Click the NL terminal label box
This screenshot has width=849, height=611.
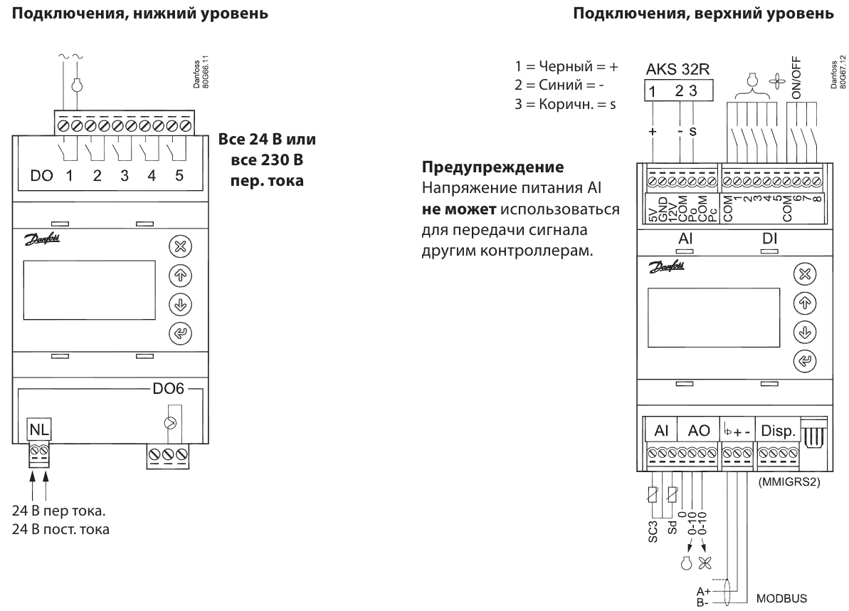tap(39, 429)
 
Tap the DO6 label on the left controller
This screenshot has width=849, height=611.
tap(169, 388)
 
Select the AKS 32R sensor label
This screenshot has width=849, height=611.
tap(677, 69)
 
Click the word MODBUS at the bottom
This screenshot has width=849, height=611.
tap(781, 599)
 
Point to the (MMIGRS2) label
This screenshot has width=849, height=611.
tap(789, 481)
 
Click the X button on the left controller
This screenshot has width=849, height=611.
tap(180, 246)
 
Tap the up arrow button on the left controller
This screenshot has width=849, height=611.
tap(180, 275)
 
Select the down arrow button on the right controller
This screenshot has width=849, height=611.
tap(805, 332)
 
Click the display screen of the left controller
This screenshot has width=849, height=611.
tap(90, 291)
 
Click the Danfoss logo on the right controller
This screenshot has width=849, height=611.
tap(667, 266)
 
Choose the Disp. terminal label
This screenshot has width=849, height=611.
tap(778, 431)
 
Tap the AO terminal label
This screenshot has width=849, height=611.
tap(698, 431)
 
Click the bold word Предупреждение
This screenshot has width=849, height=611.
tap(492, 167)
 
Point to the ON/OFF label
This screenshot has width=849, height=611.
tap(796, 78)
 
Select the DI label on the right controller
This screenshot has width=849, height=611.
tap(769, 239)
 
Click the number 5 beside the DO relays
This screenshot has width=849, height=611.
tap(179, 175)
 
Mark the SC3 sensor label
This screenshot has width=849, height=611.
tap(653, 532)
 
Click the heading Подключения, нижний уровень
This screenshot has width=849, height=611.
tap(140, 13)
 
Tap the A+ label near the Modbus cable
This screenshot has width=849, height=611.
tap(703, 591)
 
